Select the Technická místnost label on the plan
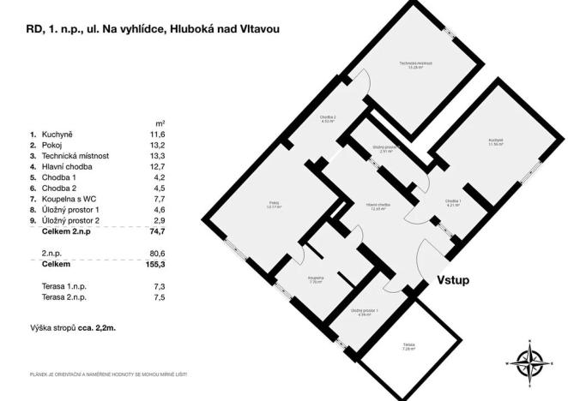point(415,65)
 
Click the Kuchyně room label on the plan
point(496,141)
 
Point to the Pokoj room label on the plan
point(273,204)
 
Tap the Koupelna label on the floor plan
point(315,279)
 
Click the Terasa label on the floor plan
point(408,346)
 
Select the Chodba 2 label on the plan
point(328,119)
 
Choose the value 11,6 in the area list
point(158,135)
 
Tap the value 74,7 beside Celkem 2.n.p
point(156,231)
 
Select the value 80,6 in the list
point(156,254)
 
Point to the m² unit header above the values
point(160,123)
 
